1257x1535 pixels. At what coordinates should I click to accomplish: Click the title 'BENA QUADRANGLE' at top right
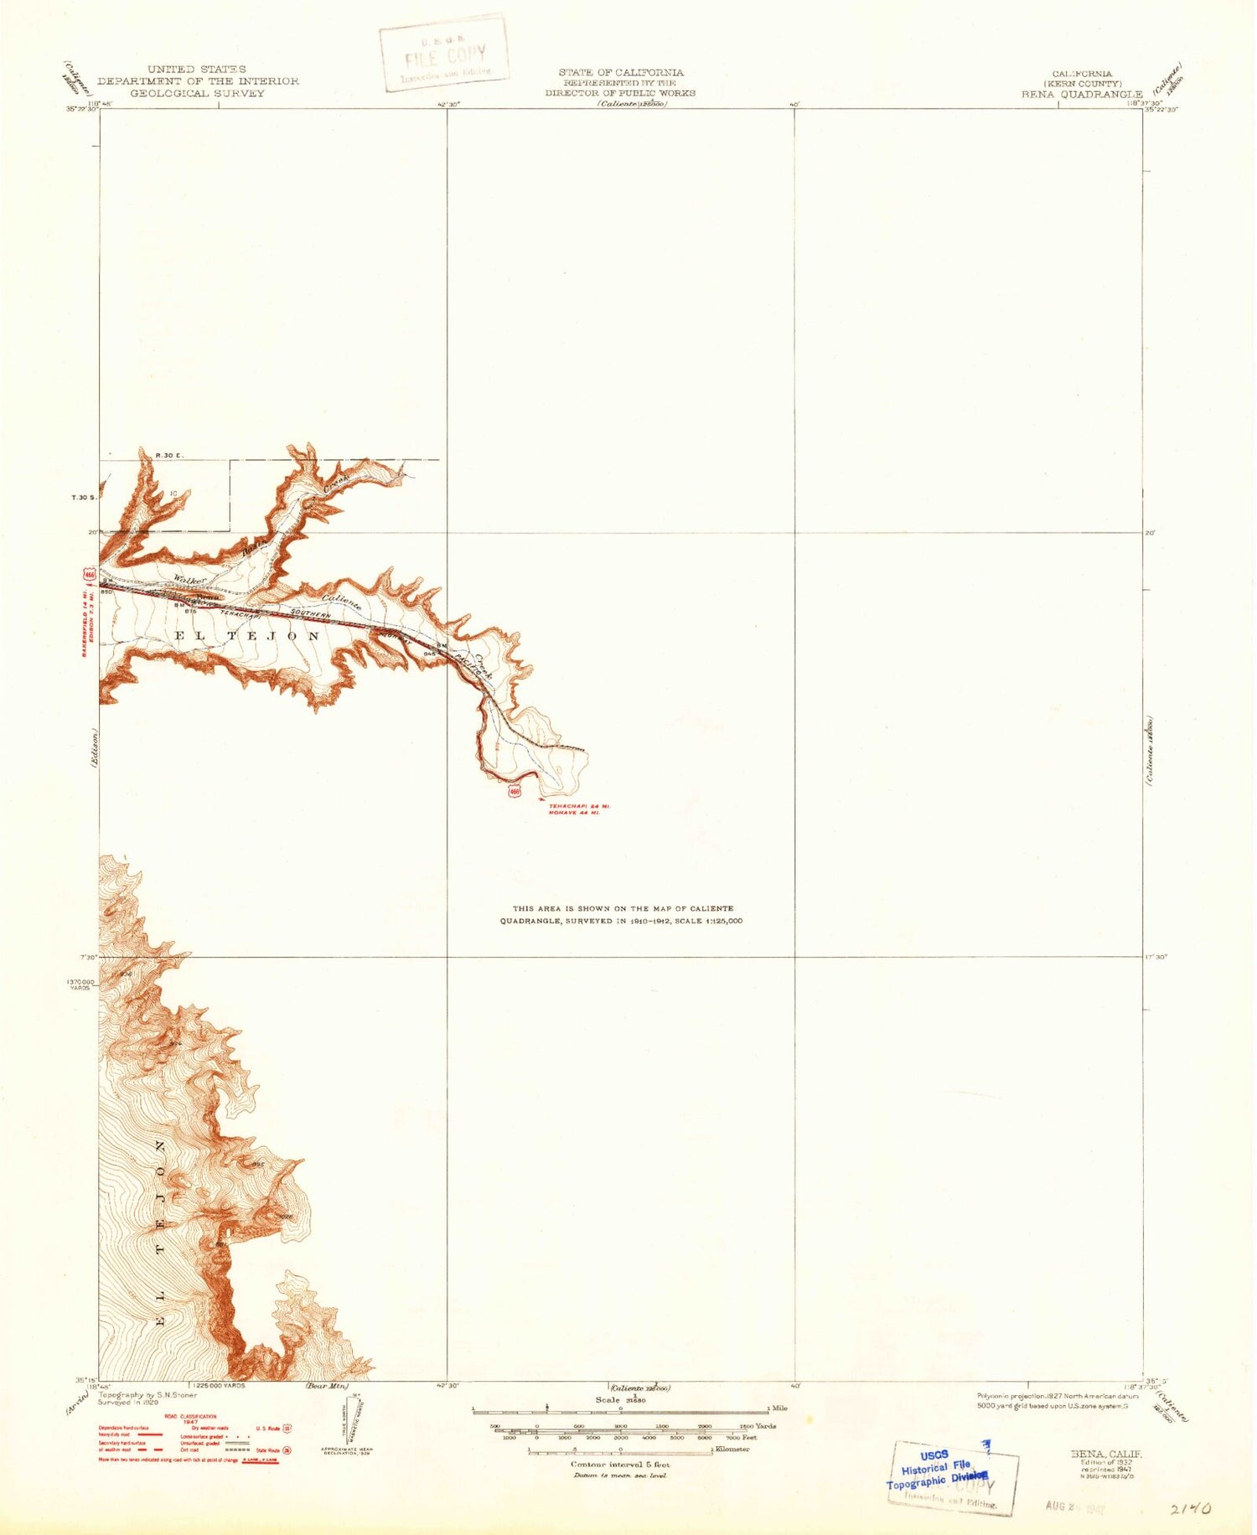tap(1081, 95)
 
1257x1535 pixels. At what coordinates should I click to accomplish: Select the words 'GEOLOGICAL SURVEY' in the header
tap(197, 93)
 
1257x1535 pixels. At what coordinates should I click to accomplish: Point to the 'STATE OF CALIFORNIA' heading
tap(621, 73)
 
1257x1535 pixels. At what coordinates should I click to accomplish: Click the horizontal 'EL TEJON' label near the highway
tap(246, 636)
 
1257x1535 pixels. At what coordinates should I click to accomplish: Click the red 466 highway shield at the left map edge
tap(89, 575)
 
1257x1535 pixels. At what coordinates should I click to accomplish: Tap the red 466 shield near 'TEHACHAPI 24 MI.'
tap(515, 791)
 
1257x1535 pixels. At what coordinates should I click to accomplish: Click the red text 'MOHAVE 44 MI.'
tap(573, 813)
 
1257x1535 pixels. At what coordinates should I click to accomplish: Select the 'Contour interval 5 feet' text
tap(620, 1465)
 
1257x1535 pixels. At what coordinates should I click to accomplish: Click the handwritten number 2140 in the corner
tap(1191, 1508)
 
